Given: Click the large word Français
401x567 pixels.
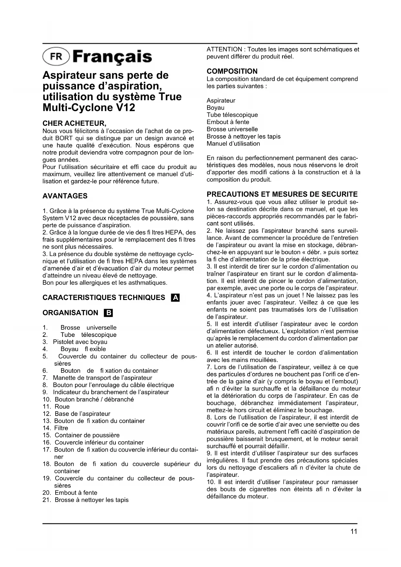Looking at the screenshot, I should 112,57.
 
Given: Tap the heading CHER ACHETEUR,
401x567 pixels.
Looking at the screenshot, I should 74,123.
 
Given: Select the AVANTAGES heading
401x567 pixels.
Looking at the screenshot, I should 65,196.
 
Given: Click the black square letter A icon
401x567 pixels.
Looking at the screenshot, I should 175,298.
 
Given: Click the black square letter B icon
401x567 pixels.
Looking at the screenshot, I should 108,313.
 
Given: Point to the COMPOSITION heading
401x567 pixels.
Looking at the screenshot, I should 232,71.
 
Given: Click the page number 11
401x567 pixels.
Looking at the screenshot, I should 354,531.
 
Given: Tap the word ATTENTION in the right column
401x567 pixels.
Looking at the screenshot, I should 224,49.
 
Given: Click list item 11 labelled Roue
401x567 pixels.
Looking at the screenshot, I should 62,407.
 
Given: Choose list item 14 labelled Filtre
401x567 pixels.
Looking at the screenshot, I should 61,428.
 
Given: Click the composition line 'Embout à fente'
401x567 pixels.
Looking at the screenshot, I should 228,122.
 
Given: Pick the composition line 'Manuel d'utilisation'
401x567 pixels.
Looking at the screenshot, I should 233,144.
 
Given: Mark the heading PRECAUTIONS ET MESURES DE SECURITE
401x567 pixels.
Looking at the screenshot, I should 282,194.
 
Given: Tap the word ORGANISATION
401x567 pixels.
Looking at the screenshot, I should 70,313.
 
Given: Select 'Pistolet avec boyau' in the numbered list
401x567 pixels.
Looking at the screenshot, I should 80,342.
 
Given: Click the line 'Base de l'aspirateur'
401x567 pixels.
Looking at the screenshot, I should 82,414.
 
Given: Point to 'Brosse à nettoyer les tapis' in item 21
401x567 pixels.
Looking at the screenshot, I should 91,500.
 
